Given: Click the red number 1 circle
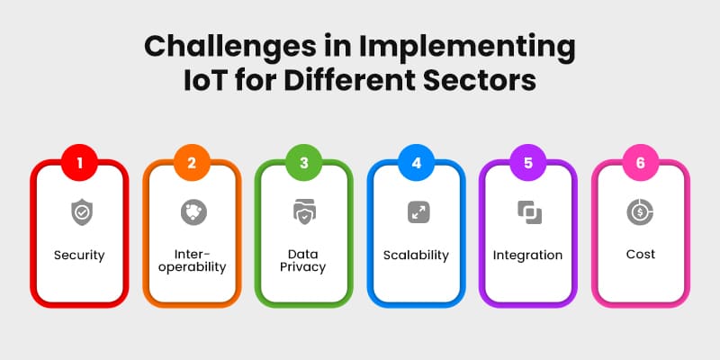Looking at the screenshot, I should click(x=79, y=164).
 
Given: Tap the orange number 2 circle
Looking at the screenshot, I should click(x=192, y=164).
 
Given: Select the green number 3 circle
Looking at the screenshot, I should click(x=304, y=164).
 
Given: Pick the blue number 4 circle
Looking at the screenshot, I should click(x=416, y=164).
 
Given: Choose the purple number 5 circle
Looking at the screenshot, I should click(x=528, y=164).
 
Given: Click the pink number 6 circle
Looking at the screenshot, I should click(x=640, y=164).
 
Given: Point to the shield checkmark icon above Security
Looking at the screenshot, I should click(x=79, y=212).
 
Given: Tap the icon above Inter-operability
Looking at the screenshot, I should click(x=192, y=212).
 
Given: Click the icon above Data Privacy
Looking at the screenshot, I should click(x=304, y=212).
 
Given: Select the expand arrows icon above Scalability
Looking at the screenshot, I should click(x=418, y=212).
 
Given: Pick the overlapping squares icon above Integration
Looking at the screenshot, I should click(x=528, y=212).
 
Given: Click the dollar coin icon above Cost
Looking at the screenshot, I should click(x=640, y=212).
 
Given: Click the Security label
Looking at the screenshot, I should click(x=79, y=255).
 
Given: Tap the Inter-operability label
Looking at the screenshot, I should click(x=192, y=261).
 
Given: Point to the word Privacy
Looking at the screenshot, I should click(x=304, y=268).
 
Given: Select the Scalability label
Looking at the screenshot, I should click(x=417, y=255).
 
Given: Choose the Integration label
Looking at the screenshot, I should click(x=528, y=255).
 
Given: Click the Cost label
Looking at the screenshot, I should click(x=640, y=255).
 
